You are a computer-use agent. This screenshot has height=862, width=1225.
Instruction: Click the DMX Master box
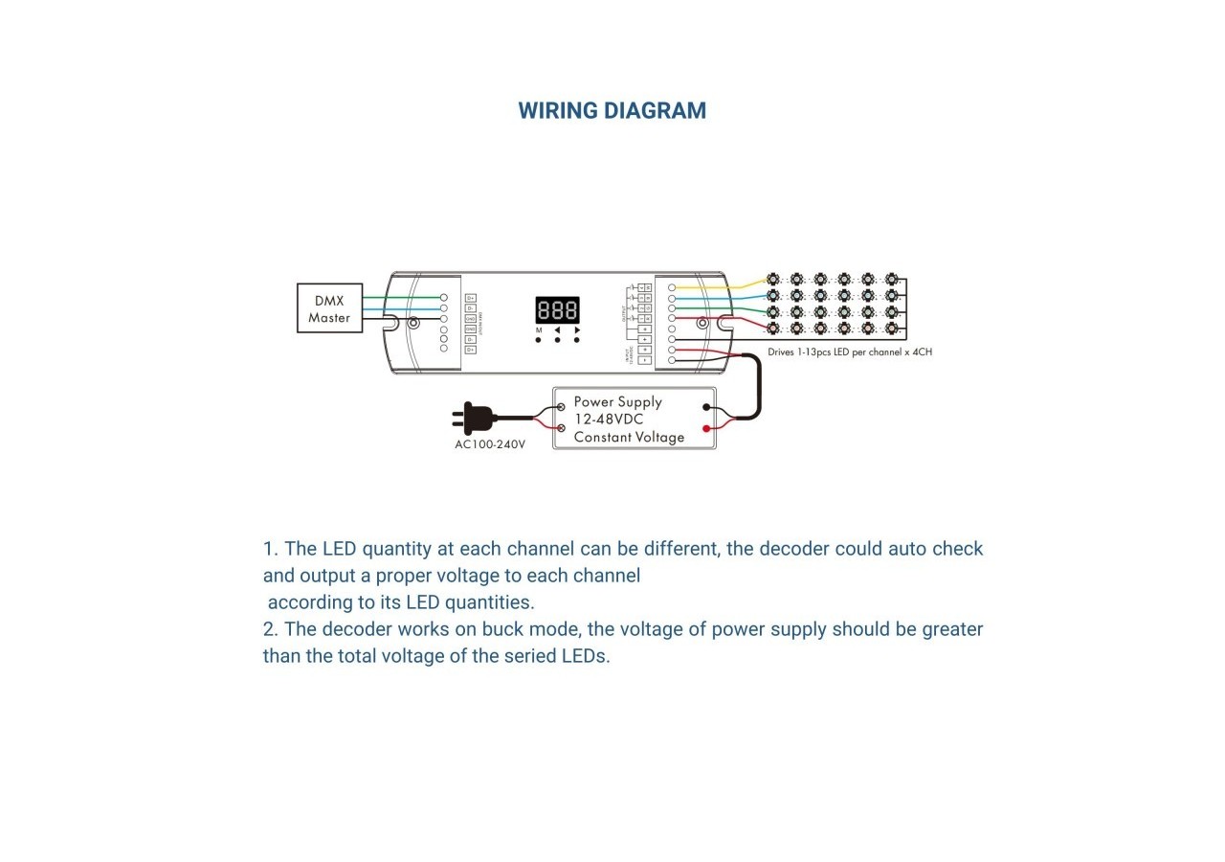click(329, 308)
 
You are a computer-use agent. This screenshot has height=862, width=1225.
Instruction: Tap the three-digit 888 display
click(557, 310)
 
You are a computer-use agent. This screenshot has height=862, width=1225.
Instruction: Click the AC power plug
click(476, 418)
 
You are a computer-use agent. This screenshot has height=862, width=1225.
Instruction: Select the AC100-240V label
click(490, 444)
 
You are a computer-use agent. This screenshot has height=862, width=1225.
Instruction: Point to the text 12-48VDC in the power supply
click(609, 420)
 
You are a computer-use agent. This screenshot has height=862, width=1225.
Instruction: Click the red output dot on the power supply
click(706, 429)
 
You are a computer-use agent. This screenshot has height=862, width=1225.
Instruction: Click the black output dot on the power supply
click(706, 407)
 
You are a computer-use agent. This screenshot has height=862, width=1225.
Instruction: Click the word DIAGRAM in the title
click(661, 111)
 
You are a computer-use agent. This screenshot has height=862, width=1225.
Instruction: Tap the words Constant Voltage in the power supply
click(629, 438)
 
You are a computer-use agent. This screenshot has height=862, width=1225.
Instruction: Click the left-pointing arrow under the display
click(557, 329)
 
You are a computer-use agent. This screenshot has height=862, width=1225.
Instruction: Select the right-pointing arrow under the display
click(577, 329)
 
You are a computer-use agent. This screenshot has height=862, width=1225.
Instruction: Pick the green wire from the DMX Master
click(402, 298)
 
